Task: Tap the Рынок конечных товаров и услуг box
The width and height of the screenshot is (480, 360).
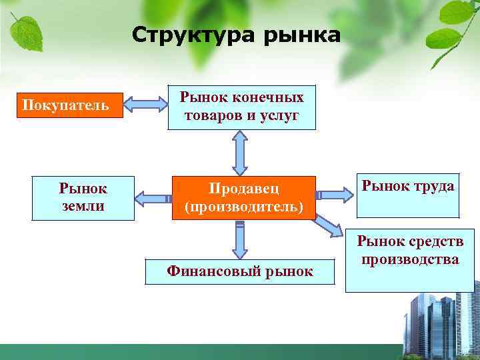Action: [x=241, y=107]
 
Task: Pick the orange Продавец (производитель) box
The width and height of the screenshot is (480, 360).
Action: [x=243, y=198]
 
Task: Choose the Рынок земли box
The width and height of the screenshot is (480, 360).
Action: [x=83, y=198]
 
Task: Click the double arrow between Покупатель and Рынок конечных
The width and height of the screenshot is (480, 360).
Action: [x=147, y=105]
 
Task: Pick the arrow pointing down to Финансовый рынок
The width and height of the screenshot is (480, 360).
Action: [x=240, y=239]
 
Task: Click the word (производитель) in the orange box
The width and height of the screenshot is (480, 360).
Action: [x=243, y=207]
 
